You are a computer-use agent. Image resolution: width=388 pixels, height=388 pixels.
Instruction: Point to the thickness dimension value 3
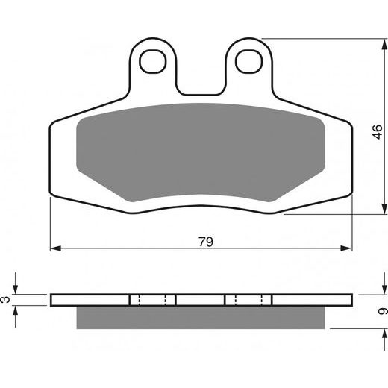point(6,300)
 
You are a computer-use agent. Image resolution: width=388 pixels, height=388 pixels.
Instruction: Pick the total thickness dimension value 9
point(381,310)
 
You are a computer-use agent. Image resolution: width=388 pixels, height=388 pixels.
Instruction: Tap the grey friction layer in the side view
point(201,317)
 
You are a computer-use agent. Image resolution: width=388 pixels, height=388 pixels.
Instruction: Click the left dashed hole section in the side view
point(153,300)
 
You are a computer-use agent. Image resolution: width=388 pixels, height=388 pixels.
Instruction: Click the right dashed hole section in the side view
point(248,300)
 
